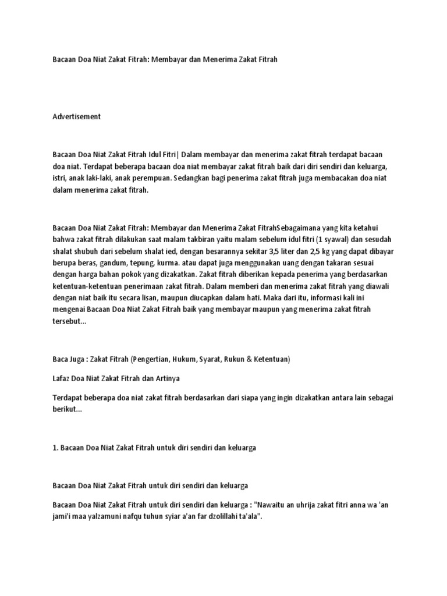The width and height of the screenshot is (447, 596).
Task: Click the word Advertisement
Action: point(76,116)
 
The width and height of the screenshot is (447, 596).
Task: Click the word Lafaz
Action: point(62,378)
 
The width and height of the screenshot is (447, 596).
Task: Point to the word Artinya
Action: point(166,378)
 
